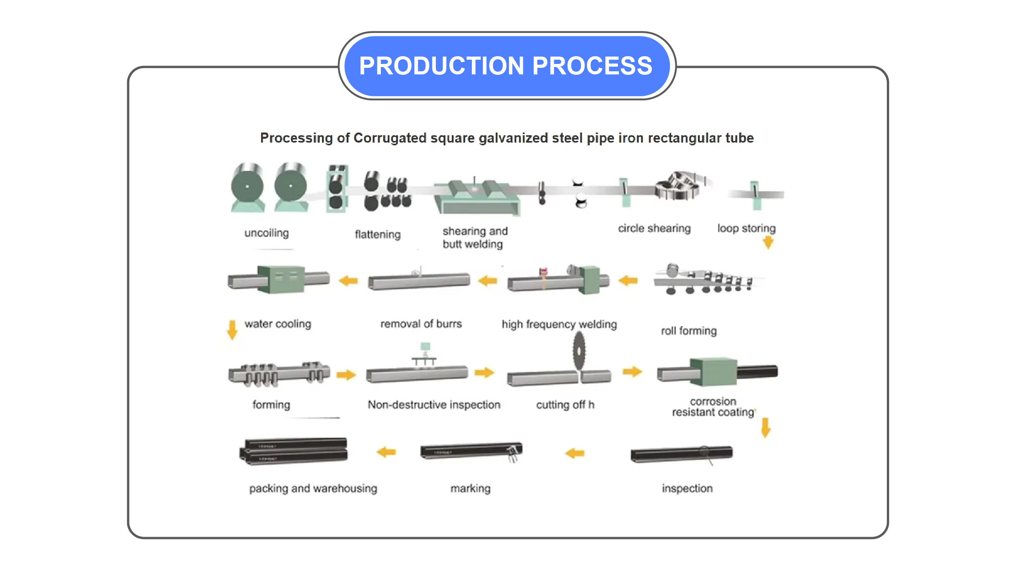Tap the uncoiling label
click(266, 233)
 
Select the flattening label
click(377, 234)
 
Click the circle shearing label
click(654, 228)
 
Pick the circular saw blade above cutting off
click(578, 351)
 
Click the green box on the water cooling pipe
click(280, 279)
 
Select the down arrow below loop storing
click(768, 242)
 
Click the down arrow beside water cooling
click(232, 330)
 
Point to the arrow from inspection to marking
click(575, 453)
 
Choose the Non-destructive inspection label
click(434, 405)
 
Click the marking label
click(470, 488)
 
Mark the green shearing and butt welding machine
click(476, 197)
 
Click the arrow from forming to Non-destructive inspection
click(346, 374)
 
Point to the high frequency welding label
click(559, 324)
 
